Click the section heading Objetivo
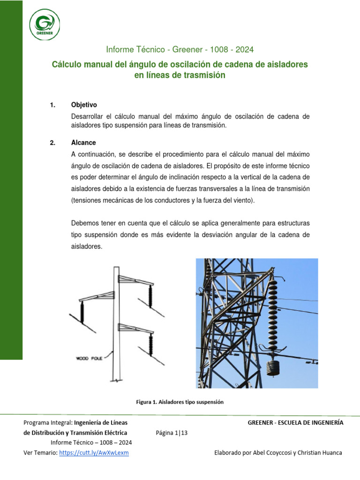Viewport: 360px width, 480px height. point(84,105)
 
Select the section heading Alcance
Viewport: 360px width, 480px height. point(83,143)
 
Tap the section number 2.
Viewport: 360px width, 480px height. point(52,143)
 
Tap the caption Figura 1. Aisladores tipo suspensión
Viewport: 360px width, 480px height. point(180,402)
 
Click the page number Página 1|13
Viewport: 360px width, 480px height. point(172,433)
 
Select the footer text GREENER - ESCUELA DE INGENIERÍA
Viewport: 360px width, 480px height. point(295,423)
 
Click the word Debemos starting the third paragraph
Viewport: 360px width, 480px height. point(85,222)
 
